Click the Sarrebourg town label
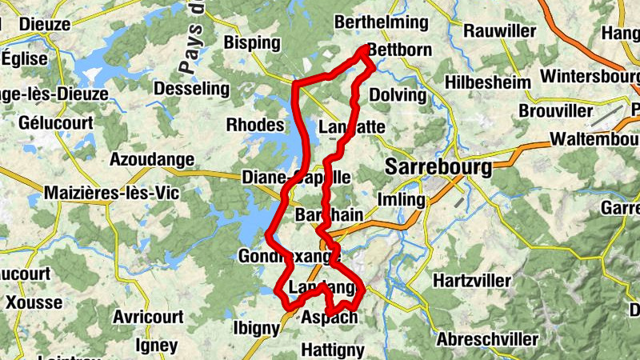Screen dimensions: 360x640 click(438, 167)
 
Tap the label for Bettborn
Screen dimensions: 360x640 click(399, 50)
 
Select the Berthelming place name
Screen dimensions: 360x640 click(381, 22)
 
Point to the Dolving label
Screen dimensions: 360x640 click(398, 94)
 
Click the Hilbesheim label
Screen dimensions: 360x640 click(488, 82)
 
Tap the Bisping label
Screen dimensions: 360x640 click(253, 42)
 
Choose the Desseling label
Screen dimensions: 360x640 click(190, 87)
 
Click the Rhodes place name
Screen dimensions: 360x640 click(255, 125)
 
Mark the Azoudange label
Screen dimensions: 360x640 click(152, 160)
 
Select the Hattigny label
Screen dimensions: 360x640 click(333, 350)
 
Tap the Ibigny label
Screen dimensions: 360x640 click(256, 328)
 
